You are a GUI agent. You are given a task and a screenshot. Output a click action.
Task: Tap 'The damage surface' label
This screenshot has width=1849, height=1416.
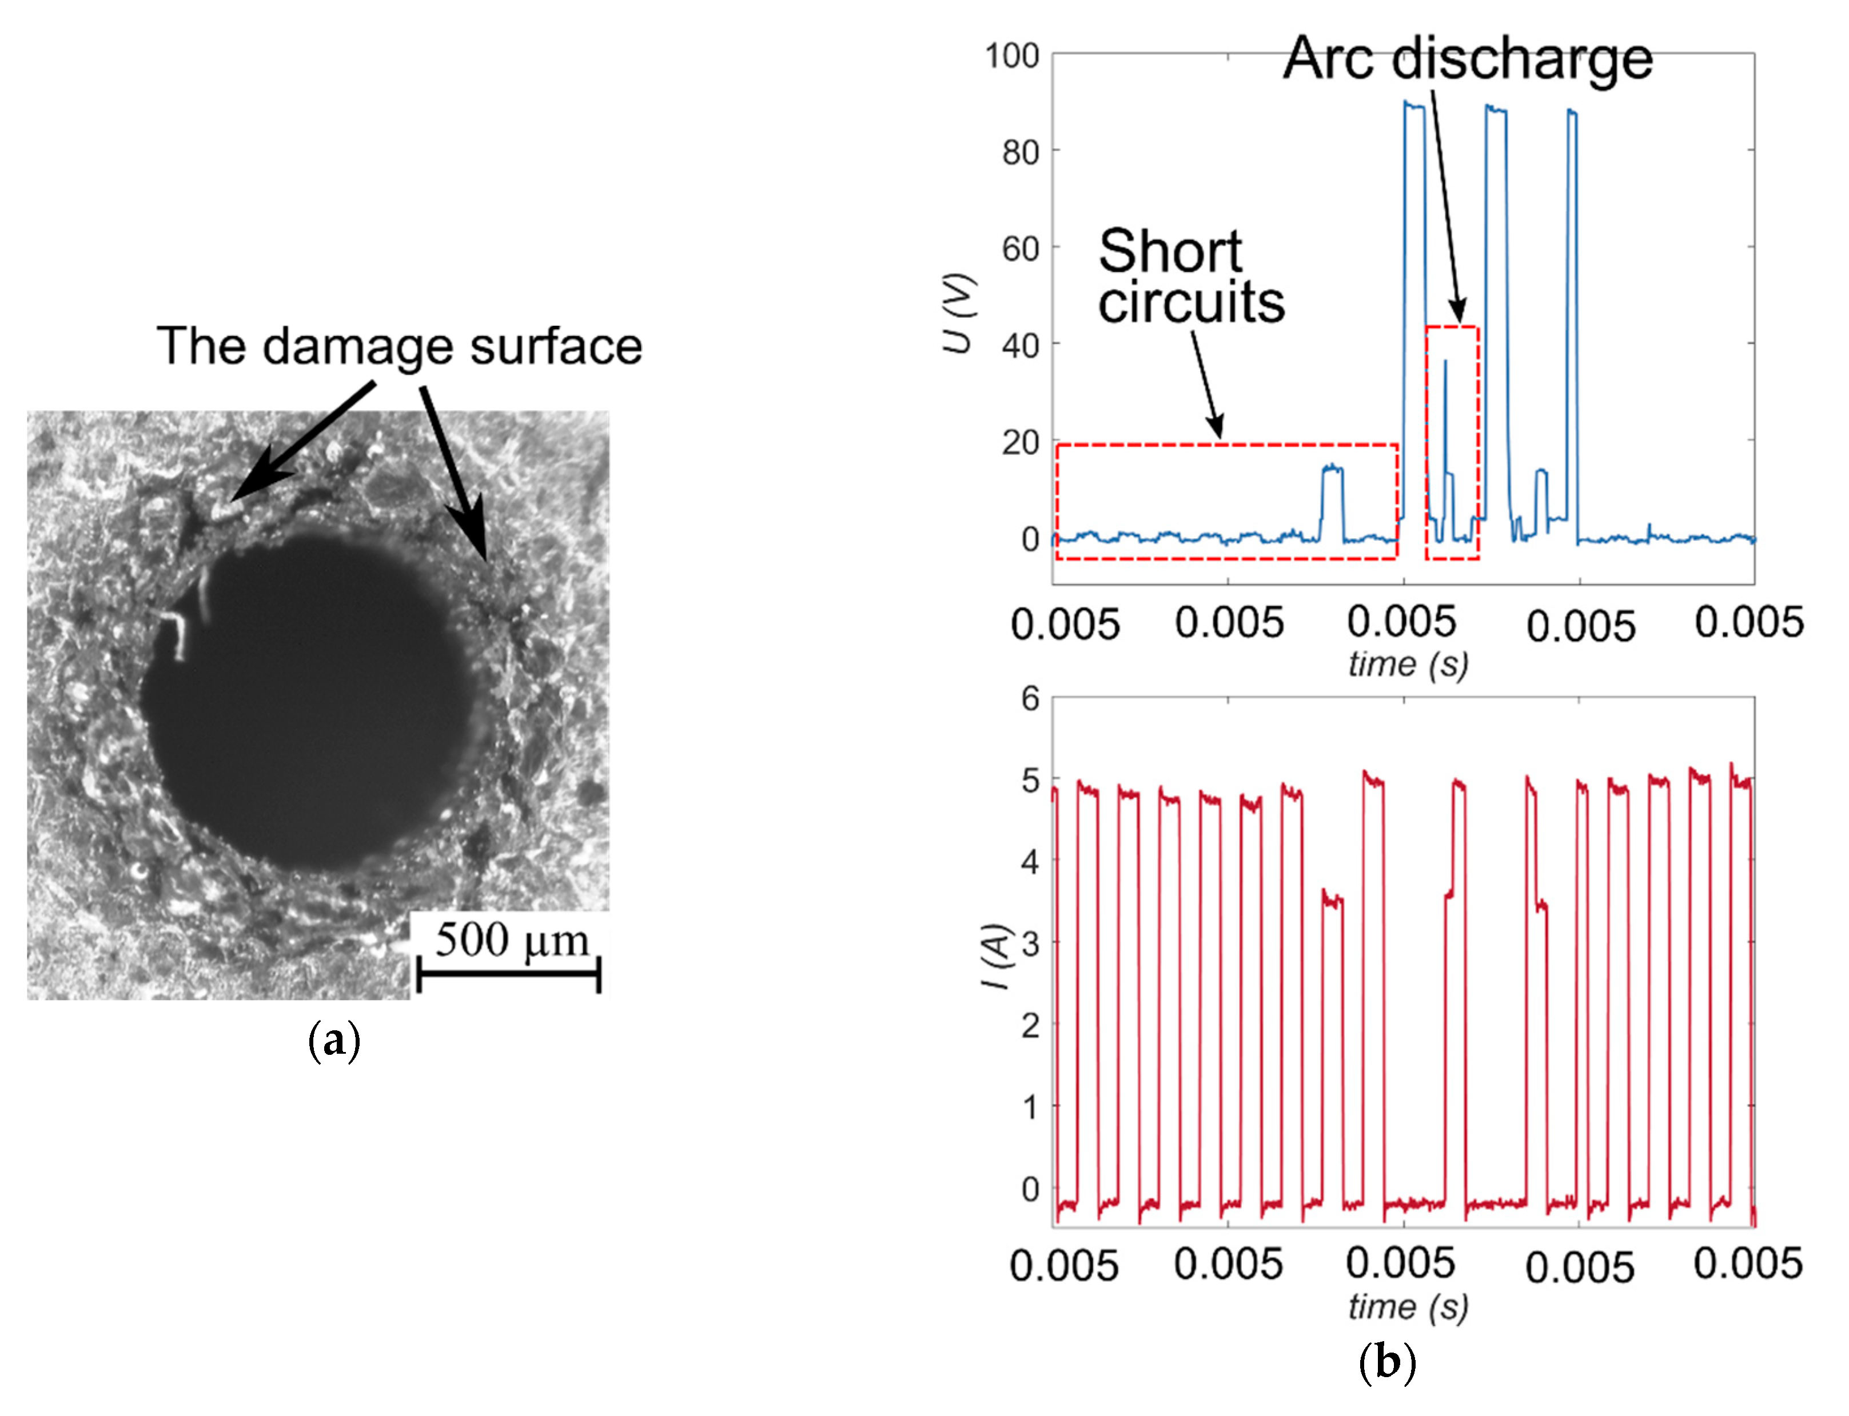[399, 346]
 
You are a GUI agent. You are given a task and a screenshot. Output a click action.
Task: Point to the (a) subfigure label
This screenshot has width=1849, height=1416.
[334, 1042]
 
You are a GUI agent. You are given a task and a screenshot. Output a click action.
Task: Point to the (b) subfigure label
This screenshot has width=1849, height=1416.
[1387, 1362]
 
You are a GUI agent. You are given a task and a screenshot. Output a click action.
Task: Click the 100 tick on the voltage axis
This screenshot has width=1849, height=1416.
[1012, 57]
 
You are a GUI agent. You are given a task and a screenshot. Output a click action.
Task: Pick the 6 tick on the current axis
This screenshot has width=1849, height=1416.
[1030, 699]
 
